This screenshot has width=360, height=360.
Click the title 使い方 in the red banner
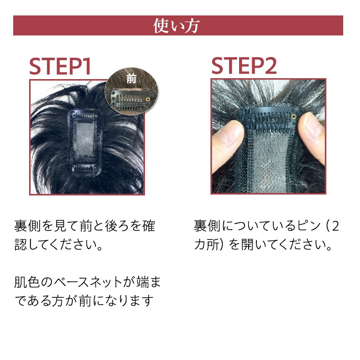pyautogui.click(x=176, y=26)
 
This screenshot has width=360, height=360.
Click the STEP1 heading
pyautogui.click(x=60, y=66)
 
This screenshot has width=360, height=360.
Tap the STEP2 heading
pyautogui.click(x=244, y=66)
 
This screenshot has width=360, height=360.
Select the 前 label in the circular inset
pyautogui.click(x=131, y=79)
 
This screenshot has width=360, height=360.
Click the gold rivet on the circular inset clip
pyautogui.click(x=148, y=100)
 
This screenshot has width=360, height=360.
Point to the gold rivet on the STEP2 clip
pyautogui.click(x=294, y=117)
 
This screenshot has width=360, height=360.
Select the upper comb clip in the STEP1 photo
pyautogui.click(x=85, y=115)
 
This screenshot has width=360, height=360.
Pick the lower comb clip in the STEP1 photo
pyautogui.click(x=84, y=169)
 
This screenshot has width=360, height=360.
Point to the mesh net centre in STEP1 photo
pyautogui.click(x=85, y=140)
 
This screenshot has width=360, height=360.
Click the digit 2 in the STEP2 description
pyautogui.click(x=335, y=226)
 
